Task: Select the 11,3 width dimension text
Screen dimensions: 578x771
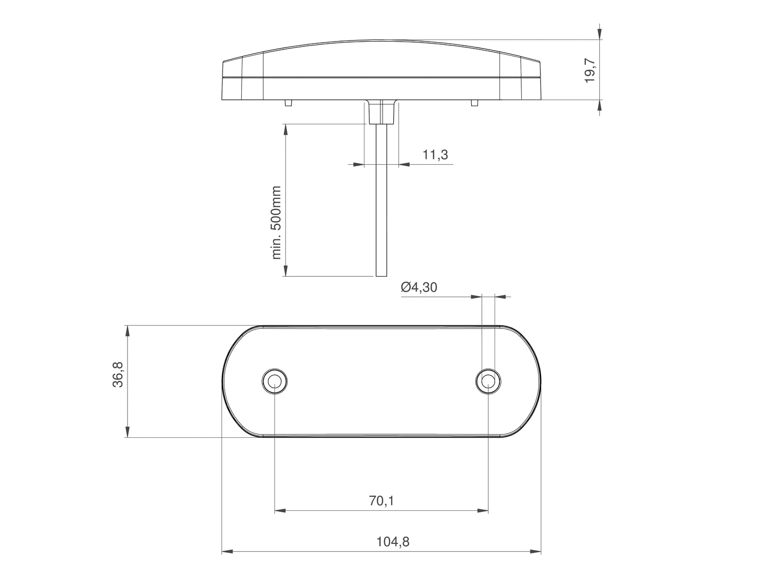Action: (435, 155)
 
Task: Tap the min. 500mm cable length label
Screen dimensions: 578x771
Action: (276, 222)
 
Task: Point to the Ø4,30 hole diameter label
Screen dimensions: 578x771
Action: (419, 287)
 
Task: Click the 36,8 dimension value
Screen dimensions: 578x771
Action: (118, 374)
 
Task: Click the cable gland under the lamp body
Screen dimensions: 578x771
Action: (381, 112)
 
